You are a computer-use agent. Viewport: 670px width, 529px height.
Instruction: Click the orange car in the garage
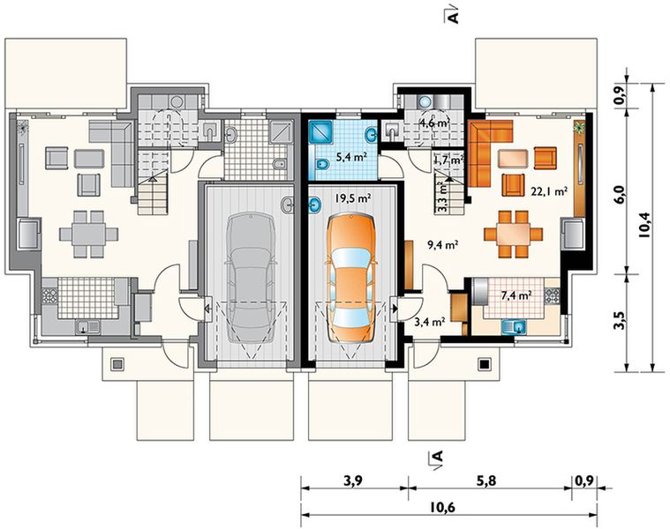click(x=350, y=279)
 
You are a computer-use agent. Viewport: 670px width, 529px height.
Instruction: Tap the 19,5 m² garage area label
click(x=353, y=197)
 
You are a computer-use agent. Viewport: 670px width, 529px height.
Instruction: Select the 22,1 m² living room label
click(x=549, y=191)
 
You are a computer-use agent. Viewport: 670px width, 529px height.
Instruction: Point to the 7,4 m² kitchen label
click(x=516, y=294)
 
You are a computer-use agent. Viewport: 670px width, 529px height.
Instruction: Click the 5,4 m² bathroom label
click(x=352, y=157)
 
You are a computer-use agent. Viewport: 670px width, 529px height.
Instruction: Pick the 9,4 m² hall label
click(x=442, y=244)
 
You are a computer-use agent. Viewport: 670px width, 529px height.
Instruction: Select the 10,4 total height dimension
click(x=644, y=225)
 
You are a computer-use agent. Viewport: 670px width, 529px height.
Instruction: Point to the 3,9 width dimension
click(x=353, y=481)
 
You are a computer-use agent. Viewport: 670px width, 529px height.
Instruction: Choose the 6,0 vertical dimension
click(x=621, y=194)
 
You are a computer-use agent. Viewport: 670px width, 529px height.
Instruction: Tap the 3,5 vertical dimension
click(x=621, y=321)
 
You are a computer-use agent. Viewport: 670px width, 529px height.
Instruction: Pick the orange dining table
click(x=513, y=235)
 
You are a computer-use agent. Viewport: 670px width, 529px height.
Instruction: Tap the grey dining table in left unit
click(x=88, y=235)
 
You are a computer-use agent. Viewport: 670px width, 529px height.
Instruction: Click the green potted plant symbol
click(x=579, y=127)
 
